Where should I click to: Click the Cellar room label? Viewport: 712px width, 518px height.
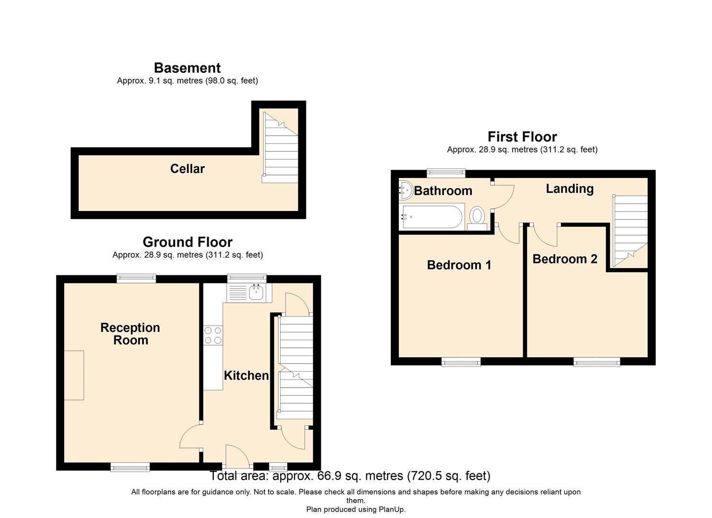tap(187, 169)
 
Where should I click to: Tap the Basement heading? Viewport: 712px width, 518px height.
tap(187, 68)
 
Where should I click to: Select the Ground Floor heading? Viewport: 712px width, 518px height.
tap(187, 242)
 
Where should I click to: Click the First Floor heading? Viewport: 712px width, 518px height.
tap(522, 137)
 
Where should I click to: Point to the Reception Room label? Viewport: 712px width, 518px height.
tap(130, 334)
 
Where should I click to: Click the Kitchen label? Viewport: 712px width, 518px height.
tap(246, 376)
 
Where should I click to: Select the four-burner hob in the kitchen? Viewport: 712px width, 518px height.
tap(213, 335)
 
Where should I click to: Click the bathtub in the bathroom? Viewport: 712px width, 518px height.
tap(432, 217)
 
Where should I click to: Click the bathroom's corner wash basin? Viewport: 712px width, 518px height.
tap(405, 190)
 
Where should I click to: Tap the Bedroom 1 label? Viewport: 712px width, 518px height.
tap(459, 265)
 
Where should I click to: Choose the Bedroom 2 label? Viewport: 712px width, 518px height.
tap(565, 259)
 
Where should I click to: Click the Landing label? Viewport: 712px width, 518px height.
tap(570, 189)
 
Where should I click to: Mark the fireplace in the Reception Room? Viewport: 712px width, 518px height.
tap(74, 375)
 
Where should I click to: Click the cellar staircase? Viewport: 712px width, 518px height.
tap(280, 146)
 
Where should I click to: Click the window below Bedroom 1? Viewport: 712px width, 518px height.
tap(461, 362)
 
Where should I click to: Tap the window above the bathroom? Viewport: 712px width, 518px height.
tap(446, 173)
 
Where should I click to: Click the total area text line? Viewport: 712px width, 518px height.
tap(350, 476)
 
